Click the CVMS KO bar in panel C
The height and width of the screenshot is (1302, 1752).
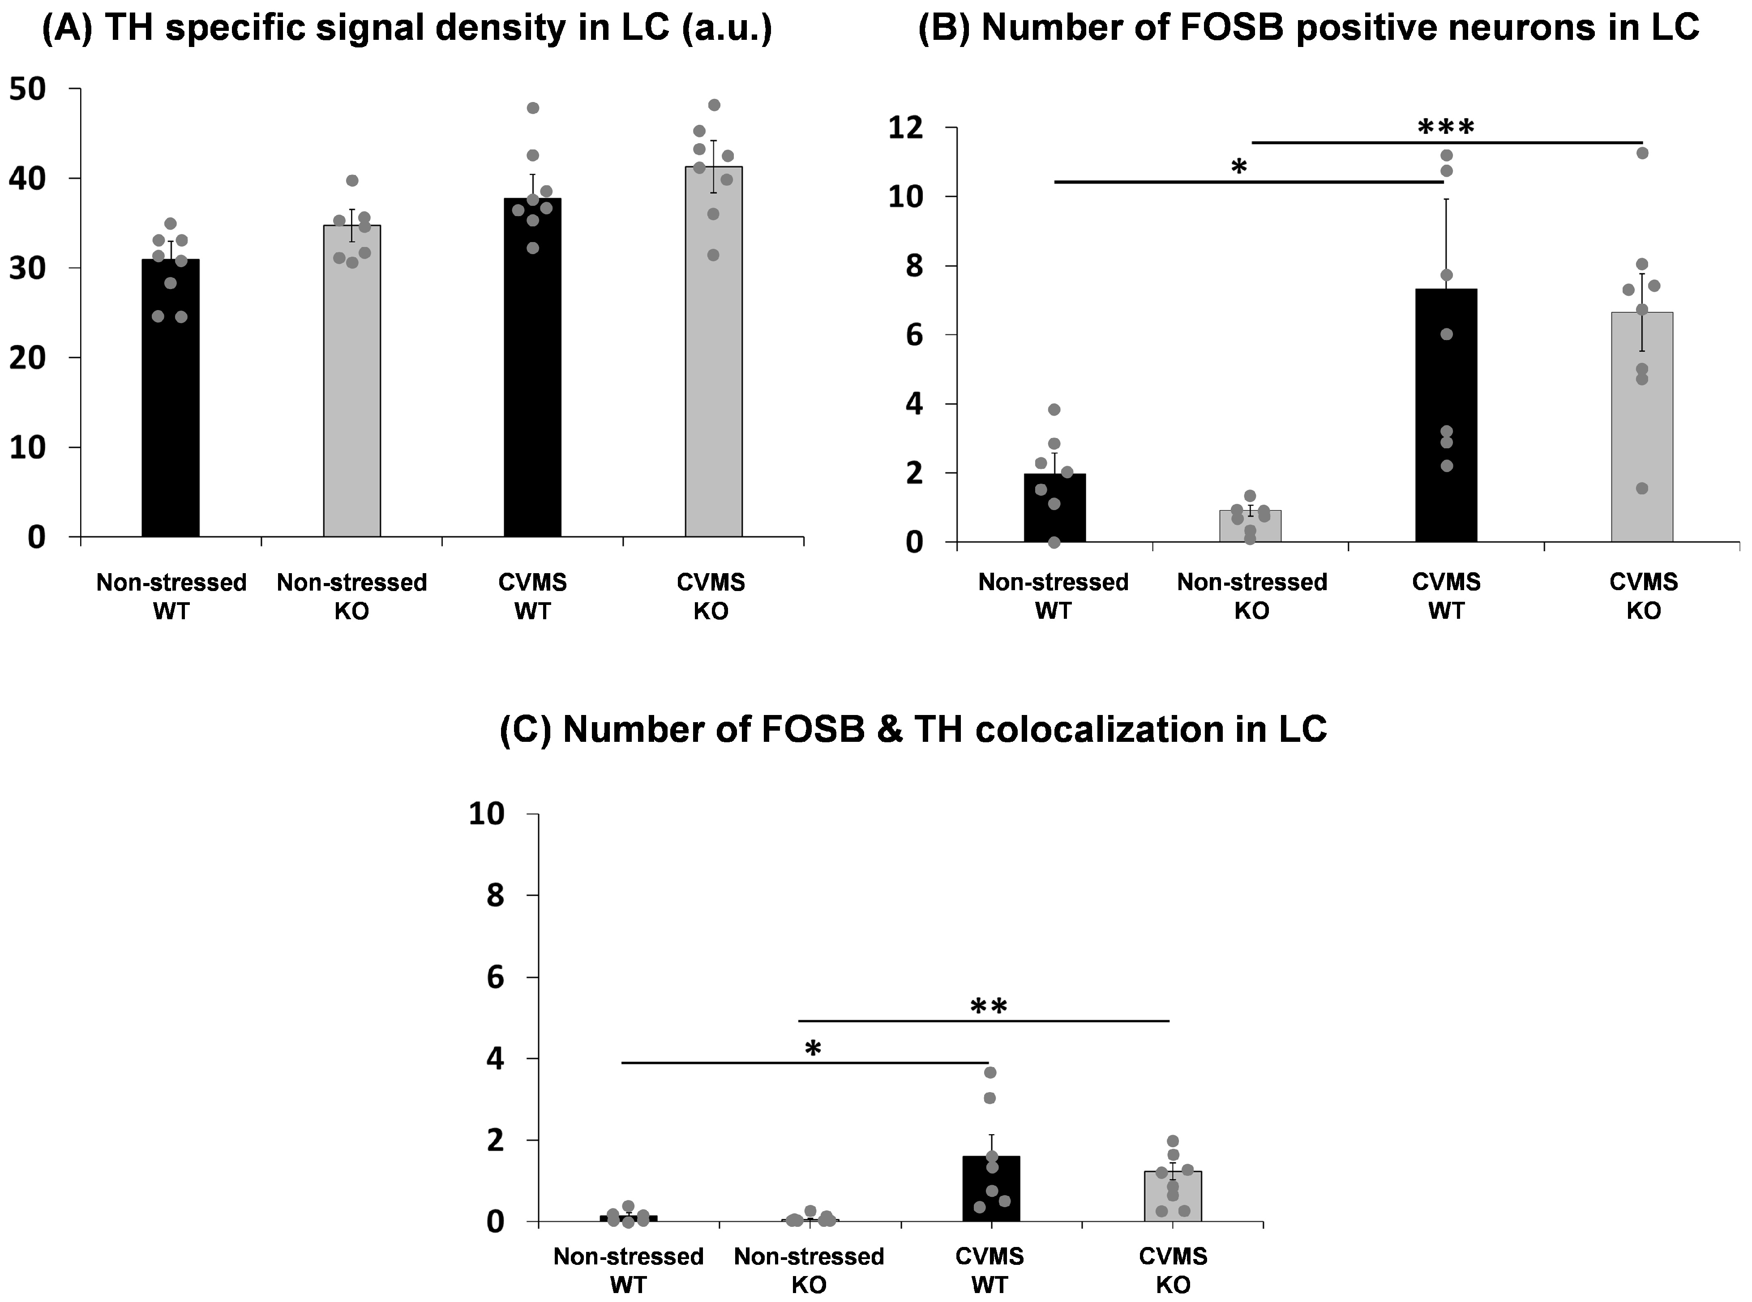pyautogui.click(x=1173, y=1198)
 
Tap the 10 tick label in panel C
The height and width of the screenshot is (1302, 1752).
pyautogui.click(x=487, y=814)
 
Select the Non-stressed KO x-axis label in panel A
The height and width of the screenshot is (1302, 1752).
pyautogui.click(x=351, y=596)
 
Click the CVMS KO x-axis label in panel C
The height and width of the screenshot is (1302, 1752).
pyautogui.click(x=1173, y=1270)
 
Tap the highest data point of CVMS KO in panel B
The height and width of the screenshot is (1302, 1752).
pyautogui.click(x=1642, y=153)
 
